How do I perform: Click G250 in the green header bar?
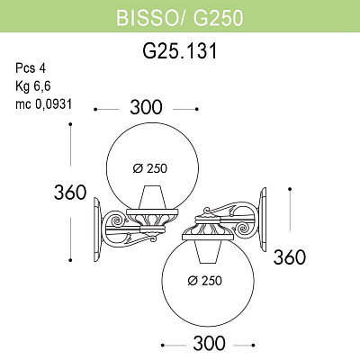(x=214, y=17)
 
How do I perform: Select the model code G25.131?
(x=180, y=53)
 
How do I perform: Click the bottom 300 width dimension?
(x=208, y=343)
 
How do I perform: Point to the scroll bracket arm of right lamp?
(x=239, y=225)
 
